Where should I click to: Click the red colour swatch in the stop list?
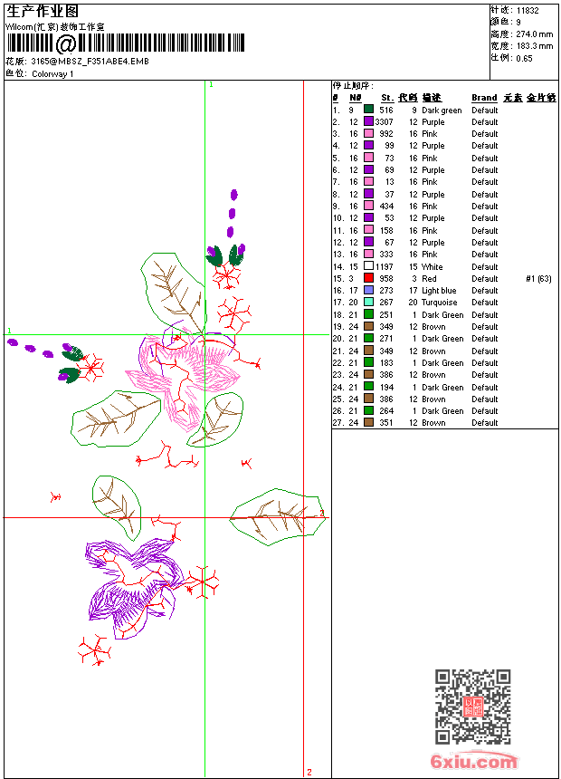[368, 279]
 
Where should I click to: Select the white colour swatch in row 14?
[368, 266]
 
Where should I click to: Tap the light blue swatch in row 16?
[368, 291]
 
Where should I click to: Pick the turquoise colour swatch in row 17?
[368, 303]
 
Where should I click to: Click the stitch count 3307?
[385, 121]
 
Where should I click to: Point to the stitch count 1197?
[385, 266]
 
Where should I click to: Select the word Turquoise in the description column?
[440, 303]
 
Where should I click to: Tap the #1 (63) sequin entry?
[538, 279]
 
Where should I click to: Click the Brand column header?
[484, 98]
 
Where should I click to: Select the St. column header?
[387, 98]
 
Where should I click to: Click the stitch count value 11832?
[528, 11]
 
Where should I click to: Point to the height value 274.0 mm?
[535, 34]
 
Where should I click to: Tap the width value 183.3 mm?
[535, 46]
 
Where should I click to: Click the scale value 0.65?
[525, 58]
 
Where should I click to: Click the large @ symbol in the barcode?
[66, 43]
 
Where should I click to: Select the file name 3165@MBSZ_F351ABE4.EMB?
[90, 61]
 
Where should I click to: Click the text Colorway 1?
[53, 73]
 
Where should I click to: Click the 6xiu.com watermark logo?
[475, 763]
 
